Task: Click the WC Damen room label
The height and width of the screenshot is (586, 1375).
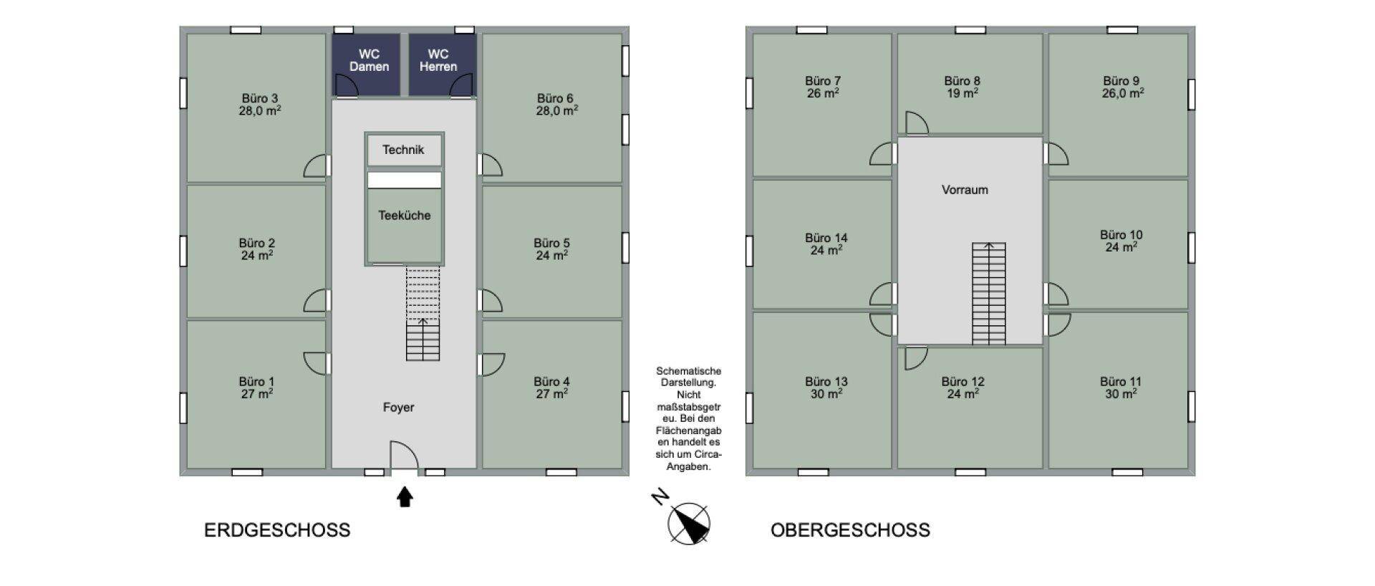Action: pyautogui.click(x=369, y=60)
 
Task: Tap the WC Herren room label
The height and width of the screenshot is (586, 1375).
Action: pyautogui.click(x=438, y=60)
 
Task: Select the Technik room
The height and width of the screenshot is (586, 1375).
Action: pyautogui.click(x=404, y=150)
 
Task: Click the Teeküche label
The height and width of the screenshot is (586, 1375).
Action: pyautogui.click(x=405, y=215)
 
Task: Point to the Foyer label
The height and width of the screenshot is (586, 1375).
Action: pyautogui.click(x=398, y=407)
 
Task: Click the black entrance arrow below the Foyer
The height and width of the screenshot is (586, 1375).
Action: pyautogui.click(x=405, y=496)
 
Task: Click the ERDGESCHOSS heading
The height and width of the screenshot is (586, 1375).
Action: pyautogui.click(x=277, y=530)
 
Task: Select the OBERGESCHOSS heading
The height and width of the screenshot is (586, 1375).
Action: pyautogui.click(x=850, y=530)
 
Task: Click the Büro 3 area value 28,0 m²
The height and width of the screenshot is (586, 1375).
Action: pyautogui.click(x=259, y=111)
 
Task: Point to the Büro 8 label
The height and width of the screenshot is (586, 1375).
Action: pyautogui.click(x=962, y=81)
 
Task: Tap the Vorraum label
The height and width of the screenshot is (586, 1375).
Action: pyautogui.click(x=965, y=190)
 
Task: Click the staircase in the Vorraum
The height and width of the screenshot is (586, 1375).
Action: pyautogui.click(x=988, y=293)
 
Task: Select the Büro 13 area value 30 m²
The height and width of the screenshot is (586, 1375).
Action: pyautogui.click(x=826, y=394)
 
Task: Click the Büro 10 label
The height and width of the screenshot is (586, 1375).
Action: pyautogui.click(x=1121, y=235)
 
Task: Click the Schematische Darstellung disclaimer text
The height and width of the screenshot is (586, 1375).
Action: pyautogui.click(x=688, y=418)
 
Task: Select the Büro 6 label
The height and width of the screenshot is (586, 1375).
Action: pyautogui.click(x=555, y=98)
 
